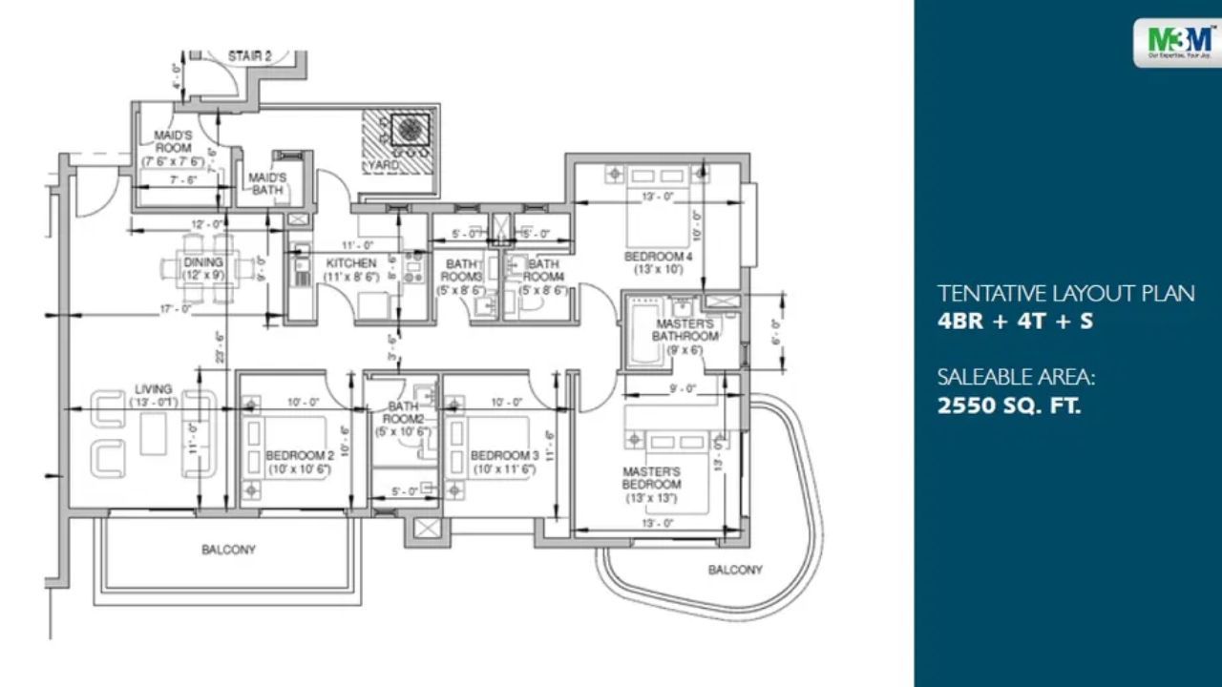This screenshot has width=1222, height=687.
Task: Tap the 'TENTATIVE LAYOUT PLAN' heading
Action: (x=1065, y=293)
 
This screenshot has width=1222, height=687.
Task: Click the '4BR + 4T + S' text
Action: (x=1015, y=322)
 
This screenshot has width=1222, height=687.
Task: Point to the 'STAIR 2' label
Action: (x=249, y=57)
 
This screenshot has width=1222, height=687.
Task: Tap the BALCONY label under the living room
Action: (x=228, y=550)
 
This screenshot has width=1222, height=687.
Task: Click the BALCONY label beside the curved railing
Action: (x=735, y=570)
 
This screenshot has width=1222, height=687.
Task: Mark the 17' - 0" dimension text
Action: (x=178, y=309)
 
